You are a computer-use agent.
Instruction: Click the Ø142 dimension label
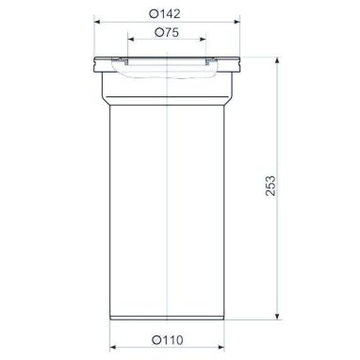165,14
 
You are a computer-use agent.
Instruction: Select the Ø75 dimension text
167,32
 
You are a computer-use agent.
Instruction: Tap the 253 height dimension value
270,186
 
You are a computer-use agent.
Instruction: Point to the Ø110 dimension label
167,340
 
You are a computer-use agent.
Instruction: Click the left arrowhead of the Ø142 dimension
97,22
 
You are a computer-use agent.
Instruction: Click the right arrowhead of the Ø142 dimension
237,22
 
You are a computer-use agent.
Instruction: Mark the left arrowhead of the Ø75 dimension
131,40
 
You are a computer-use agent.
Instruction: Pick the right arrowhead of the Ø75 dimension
203,40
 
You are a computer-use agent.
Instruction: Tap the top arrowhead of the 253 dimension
277,60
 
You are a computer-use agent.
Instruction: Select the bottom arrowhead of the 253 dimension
277,316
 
